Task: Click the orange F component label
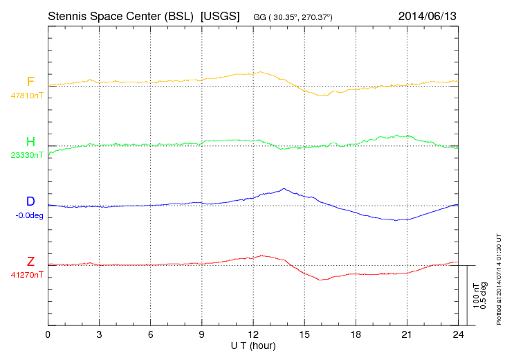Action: click(30, 82)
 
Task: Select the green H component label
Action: click(30, 142)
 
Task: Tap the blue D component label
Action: click(30, 201)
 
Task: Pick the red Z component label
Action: click(30, 262)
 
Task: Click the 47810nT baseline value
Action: click(26, 95)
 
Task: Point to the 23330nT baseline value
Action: click(26, 155)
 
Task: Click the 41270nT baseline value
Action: click(26, 275)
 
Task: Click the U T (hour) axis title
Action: click(253, 345)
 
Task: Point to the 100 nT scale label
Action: click(475, 296)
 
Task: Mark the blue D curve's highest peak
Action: click(283, 188)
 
